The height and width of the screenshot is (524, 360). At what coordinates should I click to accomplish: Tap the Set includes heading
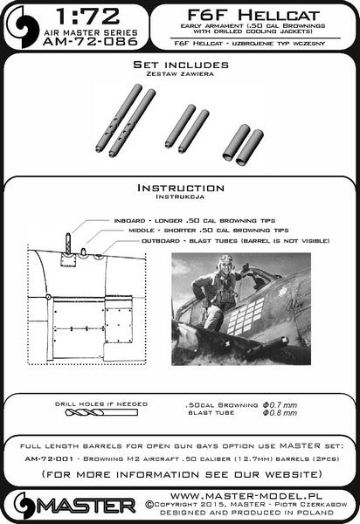pyautogui.click(x=178, y=66)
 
